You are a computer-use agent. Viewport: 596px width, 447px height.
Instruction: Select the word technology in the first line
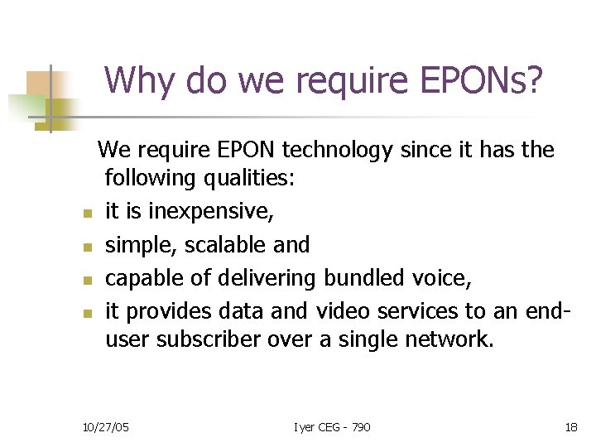coord(337,150)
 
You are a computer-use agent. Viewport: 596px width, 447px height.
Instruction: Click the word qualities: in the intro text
coord(258,178)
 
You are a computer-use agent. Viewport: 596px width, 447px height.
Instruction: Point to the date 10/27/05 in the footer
coord(105,427)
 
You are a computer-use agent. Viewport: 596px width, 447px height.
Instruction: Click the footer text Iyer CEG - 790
coord(332,427)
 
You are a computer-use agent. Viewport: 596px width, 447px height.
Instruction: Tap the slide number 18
coord(571,427)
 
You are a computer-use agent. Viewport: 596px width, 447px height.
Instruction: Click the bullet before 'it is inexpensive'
coord(85,214)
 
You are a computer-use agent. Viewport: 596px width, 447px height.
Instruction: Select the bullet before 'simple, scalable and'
coord(85,248)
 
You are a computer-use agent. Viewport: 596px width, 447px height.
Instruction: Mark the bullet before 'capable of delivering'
coord(85,281)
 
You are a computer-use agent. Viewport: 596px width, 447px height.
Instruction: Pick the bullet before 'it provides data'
coord(85,314)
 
